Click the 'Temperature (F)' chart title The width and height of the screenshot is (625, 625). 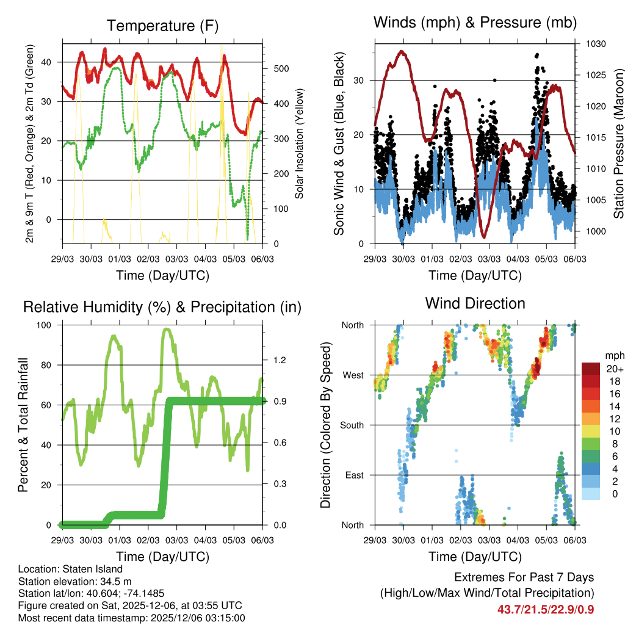[x=162, y=26]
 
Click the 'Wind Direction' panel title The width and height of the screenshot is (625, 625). [x=475, y=303]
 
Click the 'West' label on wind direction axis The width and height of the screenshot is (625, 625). [x=352, y=375]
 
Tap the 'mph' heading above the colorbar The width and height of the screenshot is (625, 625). [x=614, y=355]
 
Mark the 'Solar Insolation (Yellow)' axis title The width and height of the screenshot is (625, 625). [x=299, y=144]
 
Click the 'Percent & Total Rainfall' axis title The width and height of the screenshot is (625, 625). [x=24, y=425]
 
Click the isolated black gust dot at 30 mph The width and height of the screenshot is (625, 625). [x=494, y=79]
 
